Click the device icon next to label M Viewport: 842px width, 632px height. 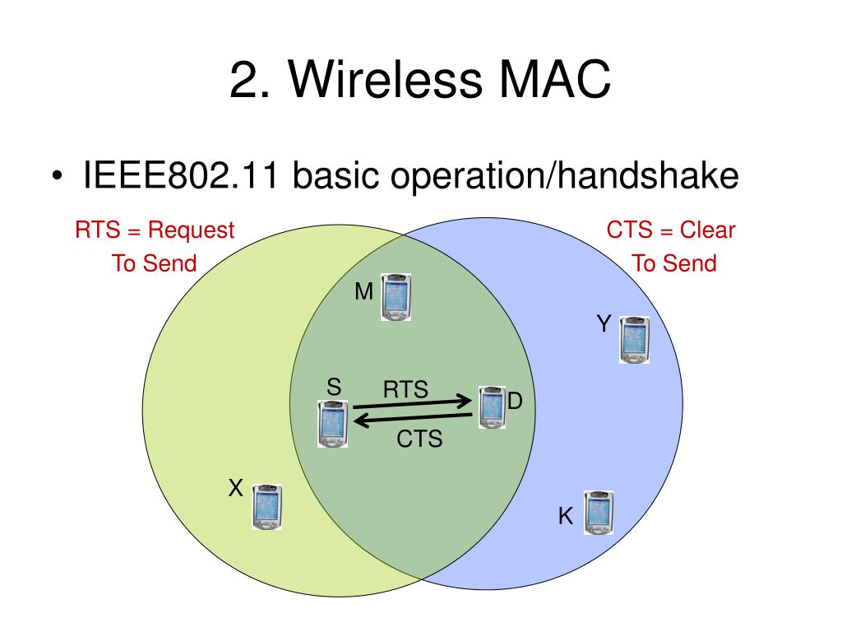[396, 297]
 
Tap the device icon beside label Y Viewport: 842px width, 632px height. [634, 340]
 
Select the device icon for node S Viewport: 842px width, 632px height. [332, 424]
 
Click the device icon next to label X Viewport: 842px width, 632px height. [267, 507]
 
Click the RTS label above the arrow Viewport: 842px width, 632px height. [405, 389]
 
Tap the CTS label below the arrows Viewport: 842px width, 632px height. [419, 439]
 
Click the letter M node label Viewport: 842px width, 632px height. [364, 291]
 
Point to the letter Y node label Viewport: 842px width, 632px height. [604, 324]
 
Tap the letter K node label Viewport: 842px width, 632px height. [566, 517]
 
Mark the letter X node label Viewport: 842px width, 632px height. [235, 489]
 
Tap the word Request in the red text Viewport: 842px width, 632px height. [192, 230]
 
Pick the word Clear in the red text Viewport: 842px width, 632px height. [708, 230]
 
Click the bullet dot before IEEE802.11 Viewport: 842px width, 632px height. [57, 178]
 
